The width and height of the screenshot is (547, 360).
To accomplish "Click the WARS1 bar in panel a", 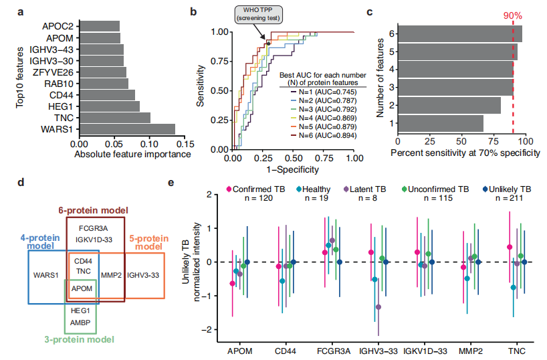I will tap(127, 128).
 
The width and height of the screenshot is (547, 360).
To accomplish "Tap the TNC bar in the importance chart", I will tap(114, 118).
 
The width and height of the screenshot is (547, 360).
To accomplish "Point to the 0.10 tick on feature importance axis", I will tap(149, 143).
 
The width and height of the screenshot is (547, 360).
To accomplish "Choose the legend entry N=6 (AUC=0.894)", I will tap(321, 136).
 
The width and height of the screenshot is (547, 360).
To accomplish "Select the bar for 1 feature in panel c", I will tap(441, 124).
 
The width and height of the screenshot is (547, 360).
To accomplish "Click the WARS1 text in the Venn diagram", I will tap(45, 274).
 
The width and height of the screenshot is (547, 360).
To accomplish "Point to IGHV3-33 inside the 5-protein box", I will tap(143, 274).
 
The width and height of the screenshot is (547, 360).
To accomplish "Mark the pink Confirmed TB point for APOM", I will tap(231, 283).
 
